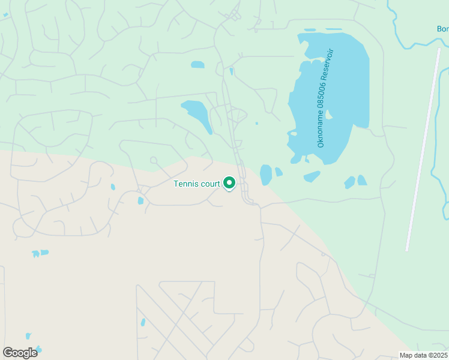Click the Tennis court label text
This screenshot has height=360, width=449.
pos(196,184)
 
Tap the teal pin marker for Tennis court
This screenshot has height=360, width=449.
pos(229,182)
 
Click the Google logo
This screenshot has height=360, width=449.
pos(20,353)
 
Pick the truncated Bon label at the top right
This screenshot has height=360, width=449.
pos(442,29)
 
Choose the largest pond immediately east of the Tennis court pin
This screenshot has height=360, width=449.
pos(265,174)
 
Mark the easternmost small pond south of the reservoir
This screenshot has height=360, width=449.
pos(362,180)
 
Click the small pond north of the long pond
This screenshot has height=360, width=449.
pos(197,65)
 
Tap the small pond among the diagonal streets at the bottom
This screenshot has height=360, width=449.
pos(143,322)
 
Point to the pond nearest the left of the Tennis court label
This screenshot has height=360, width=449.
pos(140,200)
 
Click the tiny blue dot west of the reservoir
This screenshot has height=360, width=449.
pos(257,124)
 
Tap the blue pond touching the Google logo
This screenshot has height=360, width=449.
pos(38,349)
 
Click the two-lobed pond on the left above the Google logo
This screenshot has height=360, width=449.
pos(40,253)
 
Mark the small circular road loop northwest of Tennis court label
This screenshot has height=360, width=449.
pos(154,160)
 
